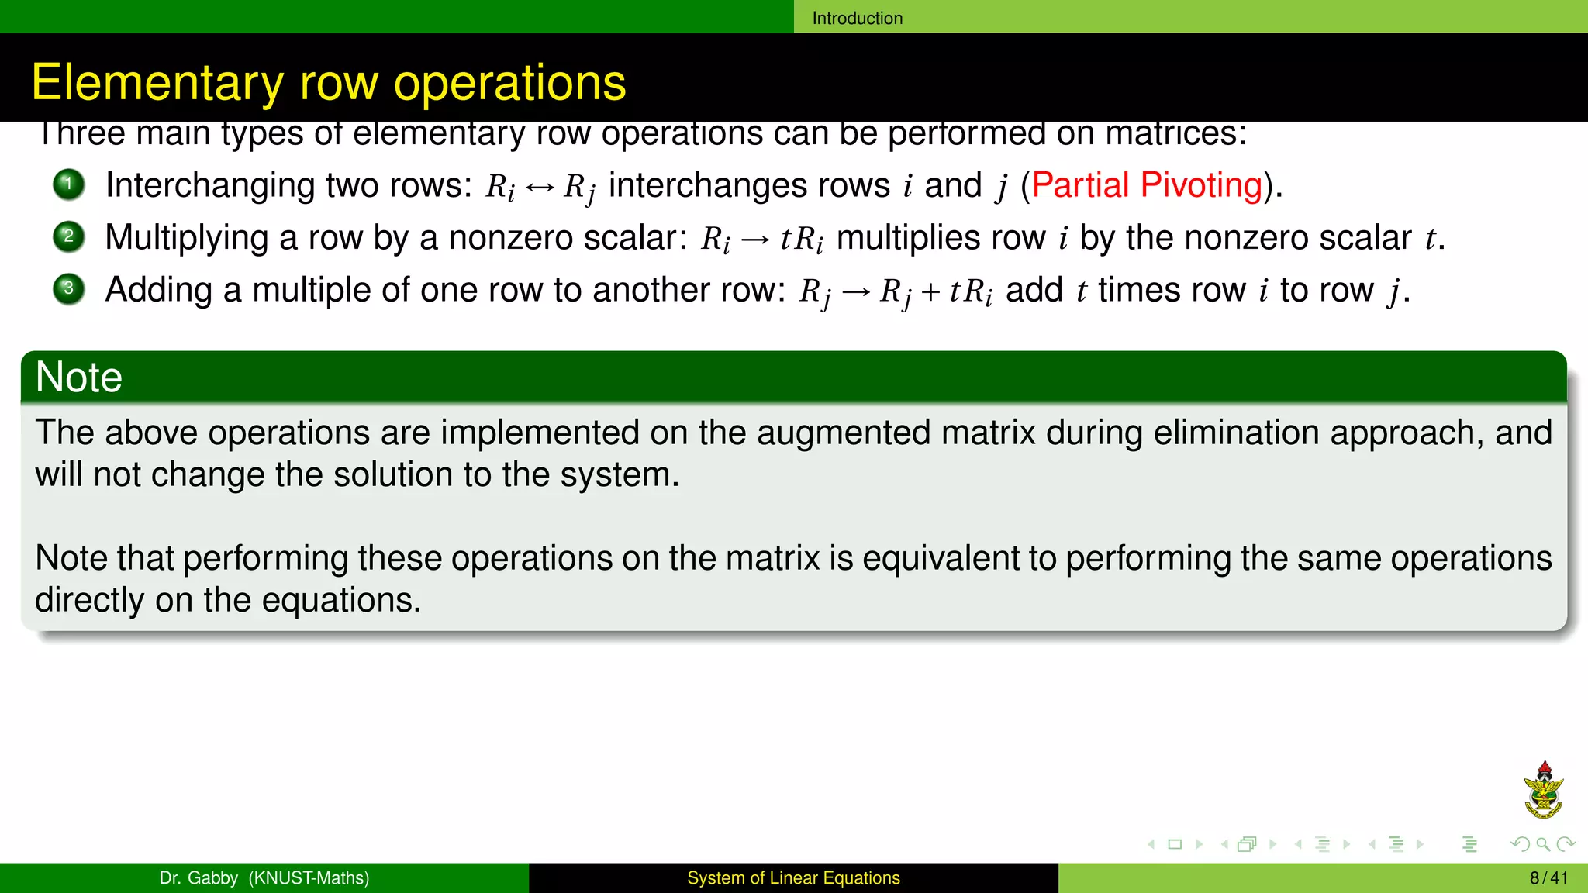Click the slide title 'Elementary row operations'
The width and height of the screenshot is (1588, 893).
click(x=328, y=82)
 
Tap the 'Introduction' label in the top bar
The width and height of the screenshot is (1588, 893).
click(x=857, y=18)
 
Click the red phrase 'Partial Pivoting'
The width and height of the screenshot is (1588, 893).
click(x=1147, y=185)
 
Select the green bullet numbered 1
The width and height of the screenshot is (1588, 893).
click(x=69, y=184)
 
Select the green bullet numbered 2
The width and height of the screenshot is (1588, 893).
click(x=69, y=236)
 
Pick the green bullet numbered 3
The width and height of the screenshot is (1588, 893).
click(x=69, y=289)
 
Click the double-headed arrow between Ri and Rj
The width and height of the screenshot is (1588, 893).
click(x=540, y=187)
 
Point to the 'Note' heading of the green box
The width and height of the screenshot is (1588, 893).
click(x=79, y=378)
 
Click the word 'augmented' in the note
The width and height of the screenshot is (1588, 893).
click(x=843, y=433)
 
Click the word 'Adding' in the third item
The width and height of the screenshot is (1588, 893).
click(x=158, y=290)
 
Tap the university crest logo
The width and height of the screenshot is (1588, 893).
click(x=1543, y=791)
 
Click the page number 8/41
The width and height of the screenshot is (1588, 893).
click(x=1548, y=877)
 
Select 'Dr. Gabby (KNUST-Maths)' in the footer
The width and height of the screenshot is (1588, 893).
click(x=264, y=877)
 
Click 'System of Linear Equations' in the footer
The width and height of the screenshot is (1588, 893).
click(x=793, y=877)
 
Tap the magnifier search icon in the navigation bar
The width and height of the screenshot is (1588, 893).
click(x=1542, y=844)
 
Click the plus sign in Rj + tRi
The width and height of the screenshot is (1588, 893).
click(x=930, y=292)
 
